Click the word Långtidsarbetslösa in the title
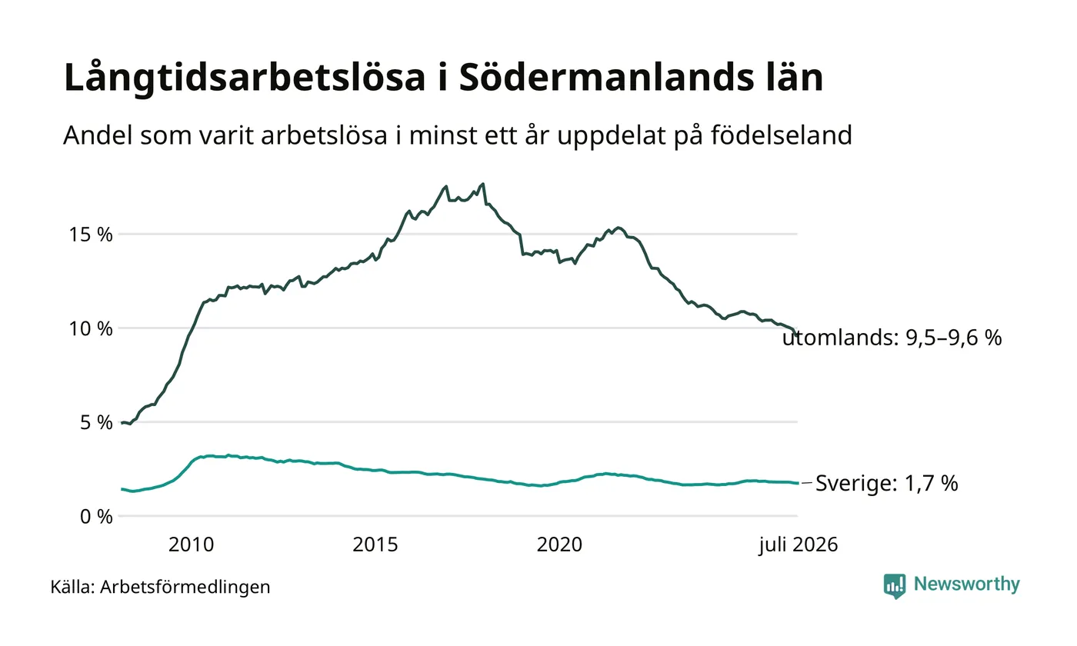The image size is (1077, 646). point(245,78)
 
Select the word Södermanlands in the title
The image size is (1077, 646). point(607,77)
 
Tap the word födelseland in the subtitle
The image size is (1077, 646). point(782,135)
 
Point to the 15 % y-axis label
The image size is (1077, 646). point(91,235)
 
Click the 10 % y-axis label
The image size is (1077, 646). point(91,329)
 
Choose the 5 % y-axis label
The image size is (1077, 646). point(96,422)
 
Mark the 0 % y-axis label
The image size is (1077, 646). point(96,517)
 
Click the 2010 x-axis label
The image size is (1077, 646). point(192,544)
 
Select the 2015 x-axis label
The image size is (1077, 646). point(375,544)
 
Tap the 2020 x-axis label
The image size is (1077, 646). point(560,544)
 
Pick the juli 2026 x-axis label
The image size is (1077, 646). point(799,545)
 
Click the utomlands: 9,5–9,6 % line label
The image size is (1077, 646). point(892,338)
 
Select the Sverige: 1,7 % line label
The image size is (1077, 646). point(887,483)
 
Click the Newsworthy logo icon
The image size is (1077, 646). point(895,586)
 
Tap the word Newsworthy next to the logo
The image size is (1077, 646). point(967,584)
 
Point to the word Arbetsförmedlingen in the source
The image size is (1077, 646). point(185,587)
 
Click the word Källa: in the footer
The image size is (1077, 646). point(72,586)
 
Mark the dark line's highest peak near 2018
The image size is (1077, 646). point(483,184)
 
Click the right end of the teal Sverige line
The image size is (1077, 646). point(799,483)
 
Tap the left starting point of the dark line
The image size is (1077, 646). point(122,423)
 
